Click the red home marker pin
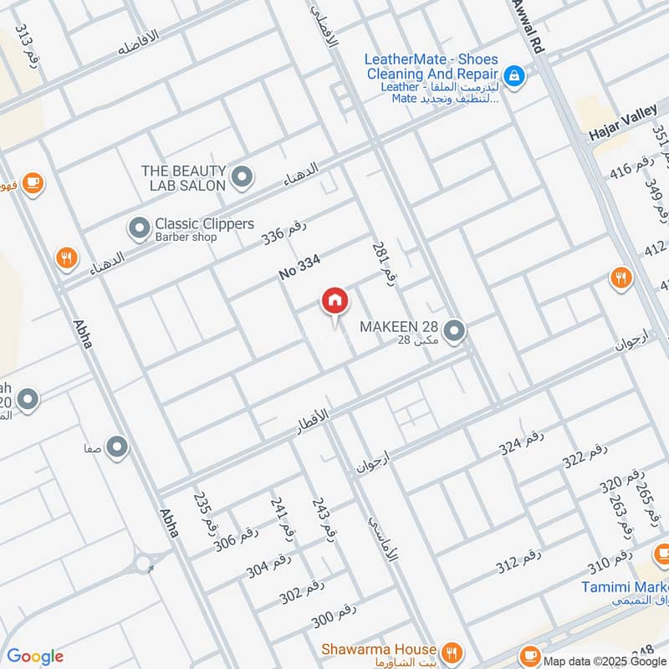click(334, 301)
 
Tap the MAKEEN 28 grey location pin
click(454, 332)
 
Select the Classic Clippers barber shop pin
click(138, 227)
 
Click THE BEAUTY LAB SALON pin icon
click(243, 176)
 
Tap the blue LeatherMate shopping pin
click(514, 76)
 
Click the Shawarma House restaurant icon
click(452, 651)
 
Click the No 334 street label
click(299, 268)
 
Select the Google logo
click(35, 656)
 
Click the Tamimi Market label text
click(624, 588)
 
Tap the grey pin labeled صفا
click(117, 447)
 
